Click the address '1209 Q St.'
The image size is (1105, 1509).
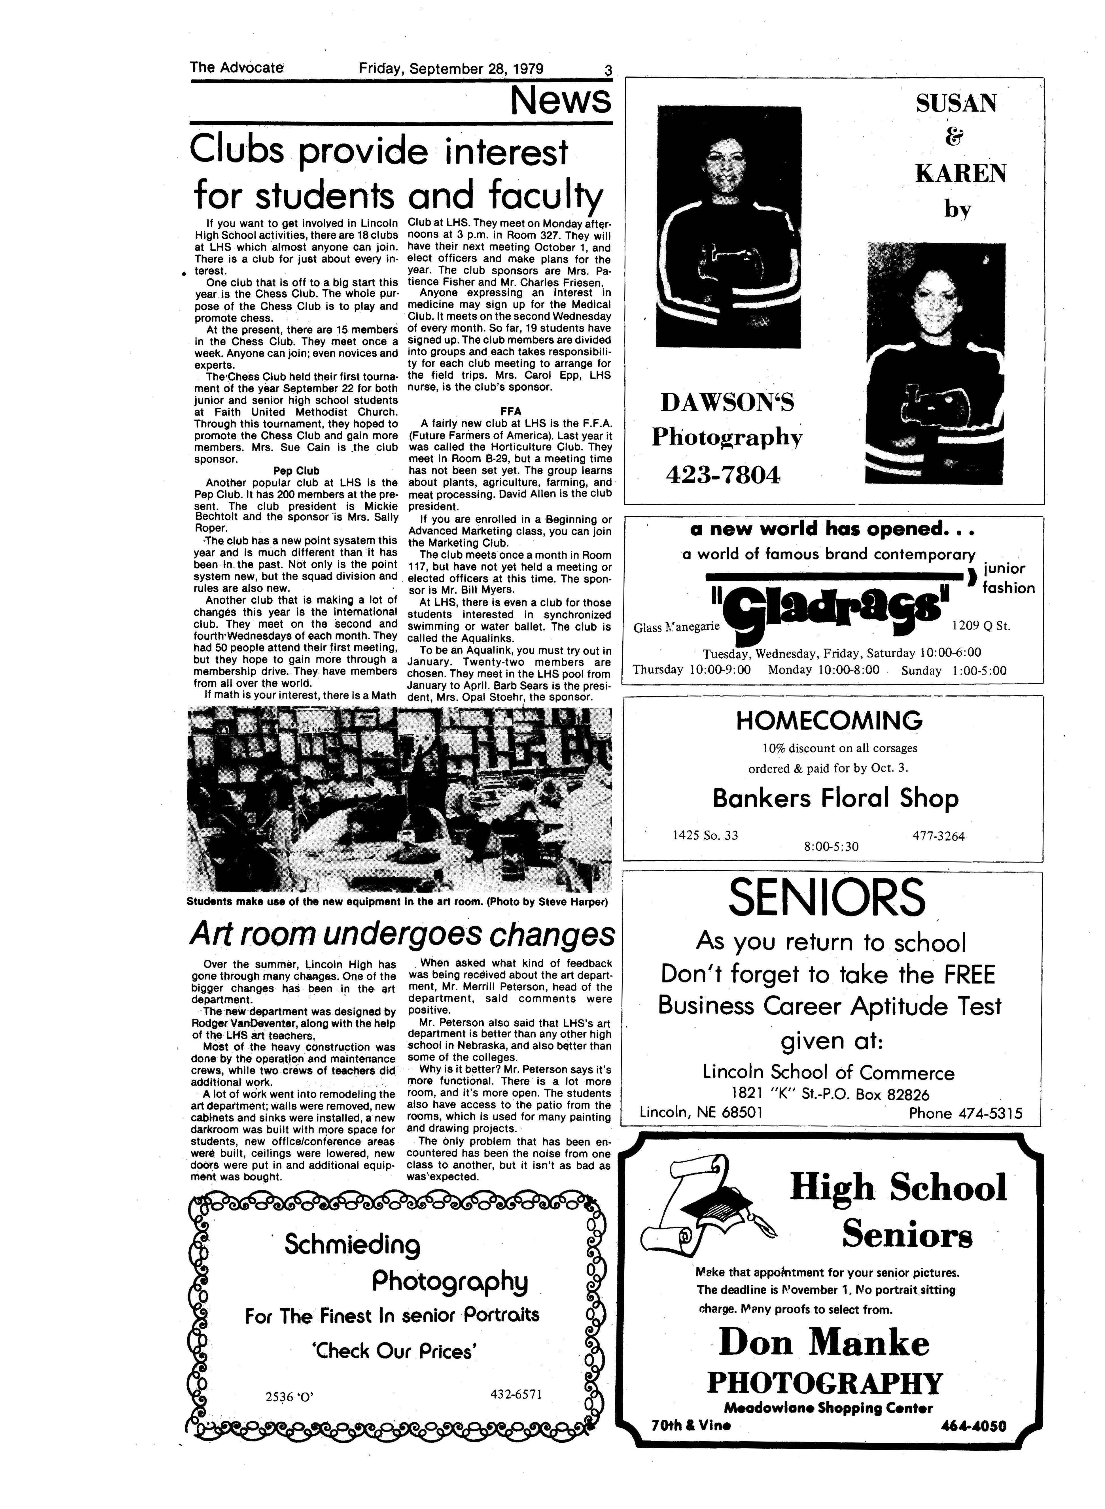click(x=981, y=627)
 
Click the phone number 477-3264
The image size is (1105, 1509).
click(x=938, y=836)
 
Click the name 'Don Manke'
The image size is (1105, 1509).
click(x=824, y=1341)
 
